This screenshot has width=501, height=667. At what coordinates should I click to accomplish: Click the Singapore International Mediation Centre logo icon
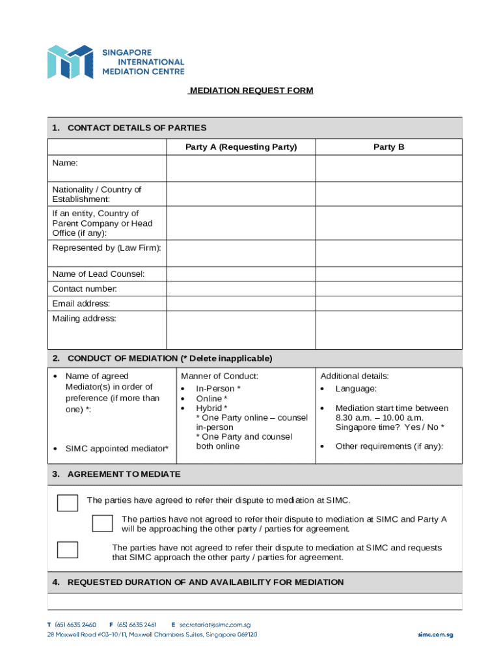(x=70, y=62)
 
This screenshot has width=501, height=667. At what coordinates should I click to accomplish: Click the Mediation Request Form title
(x=251, y=91)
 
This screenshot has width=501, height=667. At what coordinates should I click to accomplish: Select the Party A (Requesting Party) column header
(x=241, y=147)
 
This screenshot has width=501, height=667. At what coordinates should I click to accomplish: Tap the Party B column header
(x=388, y=147)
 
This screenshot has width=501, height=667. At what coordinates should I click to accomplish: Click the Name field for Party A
(x=241, y=169)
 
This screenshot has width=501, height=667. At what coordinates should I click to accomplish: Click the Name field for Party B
(x=388, y=169)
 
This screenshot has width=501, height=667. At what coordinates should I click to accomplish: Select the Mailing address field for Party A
(x=241, y=330)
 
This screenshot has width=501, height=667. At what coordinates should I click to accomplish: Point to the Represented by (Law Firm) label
(x=107, y=248)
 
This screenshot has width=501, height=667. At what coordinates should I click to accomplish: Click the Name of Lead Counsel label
(x=98, y=274)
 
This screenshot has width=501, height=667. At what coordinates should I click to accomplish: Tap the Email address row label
(x=81, y=304)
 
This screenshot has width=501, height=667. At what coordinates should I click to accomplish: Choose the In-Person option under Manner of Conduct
(x=219, y=389)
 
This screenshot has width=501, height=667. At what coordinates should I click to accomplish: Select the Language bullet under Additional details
(x=356, y=389)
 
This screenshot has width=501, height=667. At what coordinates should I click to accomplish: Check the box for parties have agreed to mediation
(x=68, y=503)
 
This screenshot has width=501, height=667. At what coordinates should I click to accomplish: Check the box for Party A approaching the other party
(x=102, y=524)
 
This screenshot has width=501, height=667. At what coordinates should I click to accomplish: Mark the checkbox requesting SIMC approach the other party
(x=68, y=550)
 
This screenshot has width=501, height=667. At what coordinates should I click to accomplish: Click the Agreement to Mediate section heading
(x=124, y=474)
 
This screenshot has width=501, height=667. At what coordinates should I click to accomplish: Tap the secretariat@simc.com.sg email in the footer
(x=210, y=624)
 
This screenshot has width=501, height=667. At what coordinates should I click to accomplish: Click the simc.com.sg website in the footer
(x=435, y=634)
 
